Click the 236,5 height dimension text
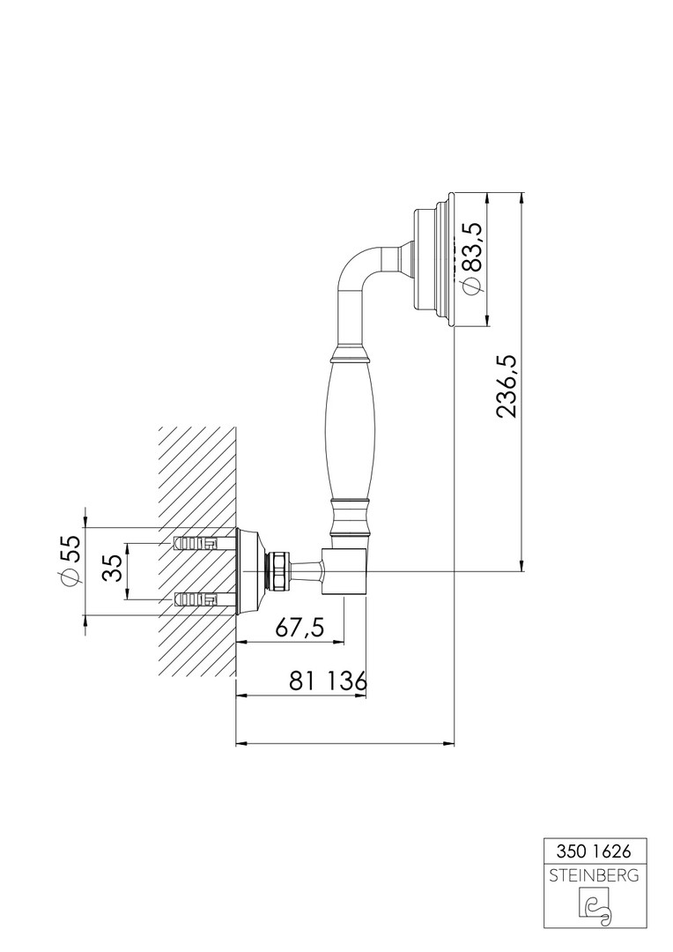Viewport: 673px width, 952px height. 507,386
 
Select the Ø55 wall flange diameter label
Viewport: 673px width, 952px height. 70,561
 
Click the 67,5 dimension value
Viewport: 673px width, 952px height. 300,628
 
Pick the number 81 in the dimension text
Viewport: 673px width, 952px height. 303,681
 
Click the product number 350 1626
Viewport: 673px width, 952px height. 594,852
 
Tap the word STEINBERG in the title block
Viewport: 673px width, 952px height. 594,875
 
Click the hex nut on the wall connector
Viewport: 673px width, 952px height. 280,570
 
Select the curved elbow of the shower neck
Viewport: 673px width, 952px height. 358,267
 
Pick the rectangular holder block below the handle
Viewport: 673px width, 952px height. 344,570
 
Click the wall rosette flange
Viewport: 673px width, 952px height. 250,570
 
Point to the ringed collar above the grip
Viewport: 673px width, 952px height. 351,351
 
